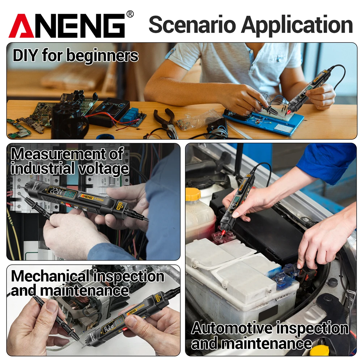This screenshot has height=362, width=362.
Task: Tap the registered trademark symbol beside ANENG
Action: (x=130, y=14)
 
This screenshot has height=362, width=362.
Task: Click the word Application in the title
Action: (x=297, y=25)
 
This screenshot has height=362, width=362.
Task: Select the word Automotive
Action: (x=232, y=329)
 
